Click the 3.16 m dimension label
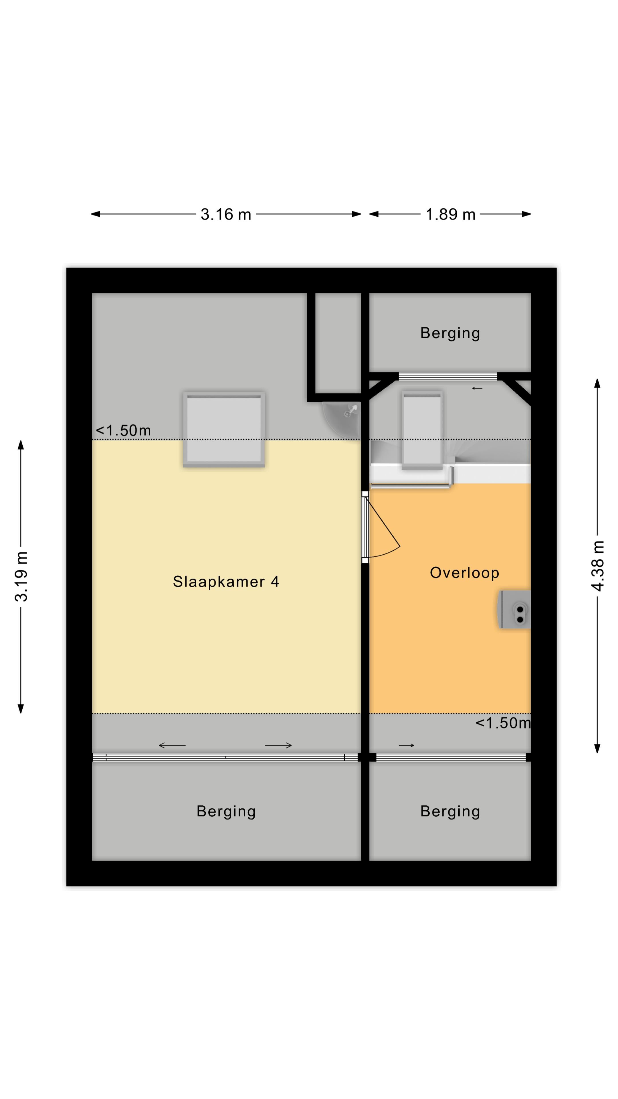click(226, 214)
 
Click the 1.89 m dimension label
click(450, 214)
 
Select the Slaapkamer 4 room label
click(226, 582)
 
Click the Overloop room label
click(464, 572)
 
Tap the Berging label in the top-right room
click(450, 333)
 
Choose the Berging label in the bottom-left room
click(226, 811)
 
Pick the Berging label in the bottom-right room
click(450, 811)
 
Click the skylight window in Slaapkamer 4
click(224, 429)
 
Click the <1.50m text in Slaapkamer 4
click(123, 430)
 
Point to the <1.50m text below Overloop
click(503, 723)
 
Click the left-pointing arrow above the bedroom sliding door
click(172, 745)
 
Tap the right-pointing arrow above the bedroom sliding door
click(278, 745)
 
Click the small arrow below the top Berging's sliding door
click(477, 388)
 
